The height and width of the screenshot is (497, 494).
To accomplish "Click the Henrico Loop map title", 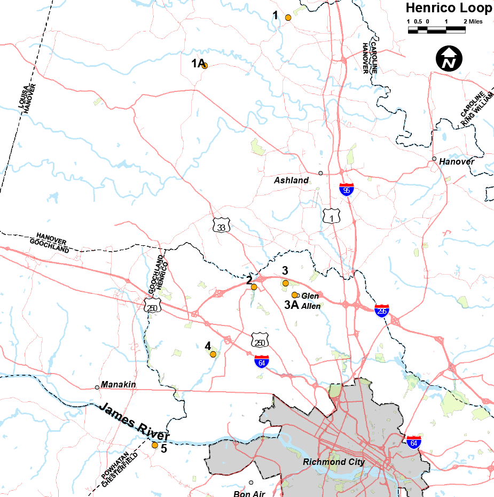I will coord(449,8).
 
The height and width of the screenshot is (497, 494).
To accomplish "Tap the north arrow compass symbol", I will coord(449,58).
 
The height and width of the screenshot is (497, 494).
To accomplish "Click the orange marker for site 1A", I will coord(204,66).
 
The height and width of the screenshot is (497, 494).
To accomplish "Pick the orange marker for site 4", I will coord(213,354).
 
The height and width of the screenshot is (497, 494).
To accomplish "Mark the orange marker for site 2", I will coord(254,287).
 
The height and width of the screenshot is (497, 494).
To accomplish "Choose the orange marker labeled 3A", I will coord(294,295).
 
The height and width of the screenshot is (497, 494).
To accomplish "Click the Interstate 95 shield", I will coord(347,189).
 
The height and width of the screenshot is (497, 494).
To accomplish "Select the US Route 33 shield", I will coord(221,227).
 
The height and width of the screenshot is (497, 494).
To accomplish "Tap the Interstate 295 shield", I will coord(381,310).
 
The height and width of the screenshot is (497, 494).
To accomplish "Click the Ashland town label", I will coord(291,181).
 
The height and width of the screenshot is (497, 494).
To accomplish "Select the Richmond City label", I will coord(333,462).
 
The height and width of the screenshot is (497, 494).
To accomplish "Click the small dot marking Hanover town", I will coord(434,159).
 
